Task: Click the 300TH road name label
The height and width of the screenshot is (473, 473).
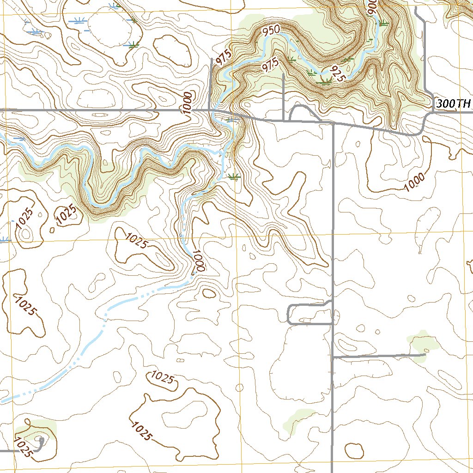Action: [453, 104]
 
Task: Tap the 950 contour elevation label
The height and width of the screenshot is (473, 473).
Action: [271, 31]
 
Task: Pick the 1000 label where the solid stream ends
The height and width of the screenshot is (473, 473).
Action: [198, 261]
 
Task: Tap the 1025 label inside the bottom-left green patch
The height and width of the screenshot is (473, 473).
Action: [23, 447]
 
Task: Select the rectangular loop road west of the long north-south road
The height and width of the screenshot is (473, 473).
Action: [309, 315]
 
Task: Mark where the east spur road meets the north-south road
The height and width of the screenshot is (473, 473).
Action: [333, 357]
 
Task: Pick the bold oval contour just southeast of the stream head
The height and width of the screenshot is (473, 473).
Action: [209, 293]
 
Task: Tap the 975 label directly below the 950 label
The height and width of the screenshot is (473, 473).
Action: [270, 66]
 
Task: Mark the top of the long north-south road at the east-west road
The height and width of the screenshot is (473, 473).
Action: [333, 124]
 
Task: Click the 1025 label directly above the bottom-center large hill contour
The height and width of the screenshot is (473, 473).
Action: [162, 378]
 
